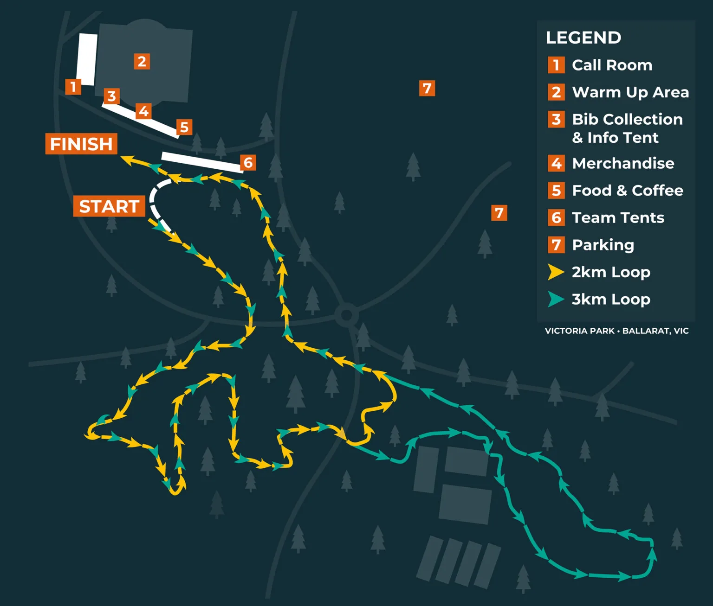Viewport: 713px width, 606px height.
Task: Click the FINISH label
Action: tap(81, 144)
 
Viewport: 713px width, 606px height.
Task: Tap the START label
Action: tap(109, 206)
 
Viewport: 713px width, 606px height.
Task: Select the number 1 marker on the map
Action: tap(73, 87)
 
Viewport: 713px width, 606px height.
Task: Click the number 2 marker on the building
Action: tap(142, 61)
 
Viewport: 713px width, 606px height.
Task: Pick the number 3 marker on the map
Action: tap(111, 96)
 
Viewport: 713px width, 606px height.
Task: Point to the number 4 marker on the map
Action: tap(144, 111)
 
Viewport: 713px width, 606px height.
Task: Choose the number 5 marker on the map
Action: tap(184, 127)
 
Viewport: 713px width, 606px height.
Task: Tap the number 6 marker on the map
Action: tap(248, 163)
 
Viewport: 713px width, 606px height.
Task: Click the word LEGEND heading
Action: tap(583, 38)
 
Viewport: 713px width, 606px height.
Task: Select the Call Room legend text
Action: tap(612, 65)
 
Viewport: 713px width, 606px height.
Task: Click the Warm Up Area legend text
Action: tap(630, 92)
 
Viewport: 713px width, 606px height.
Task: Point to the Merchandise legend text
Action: tap(623, 163)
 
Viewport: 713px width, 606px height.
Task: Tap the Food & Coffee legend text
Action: tap(628, 191)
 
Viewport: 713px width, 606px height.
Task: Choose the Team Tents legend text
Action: tap(618, 217)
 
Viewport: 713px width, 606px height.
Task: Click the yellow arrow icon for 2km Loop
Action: tap(556, 272)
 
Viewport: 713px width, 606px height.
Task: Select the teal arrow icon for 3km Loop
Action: tap(556, 300)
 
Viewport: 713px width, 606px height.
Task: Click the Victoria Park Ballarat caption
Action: tap(616, 331)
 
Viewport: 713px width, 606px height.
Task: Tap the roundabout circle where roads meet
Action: tap(346, 315)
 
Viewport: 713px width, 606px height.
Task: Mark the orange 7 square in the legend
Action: tap(556, 245)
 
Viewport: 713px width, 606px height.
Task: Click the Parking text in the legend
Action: tap(603, 245)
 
